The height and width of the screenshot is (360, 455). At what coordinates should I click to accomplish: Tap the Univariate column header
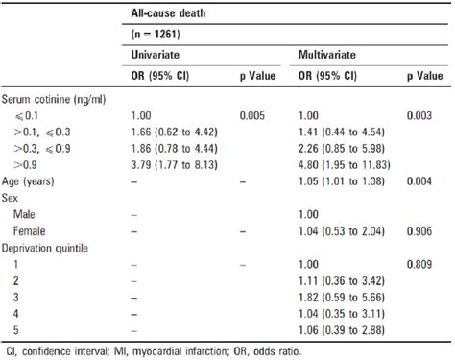(x=156, y=59)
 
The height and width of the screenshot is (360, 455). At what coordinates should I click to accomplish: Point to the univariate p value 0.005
(x=252, y=115)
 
